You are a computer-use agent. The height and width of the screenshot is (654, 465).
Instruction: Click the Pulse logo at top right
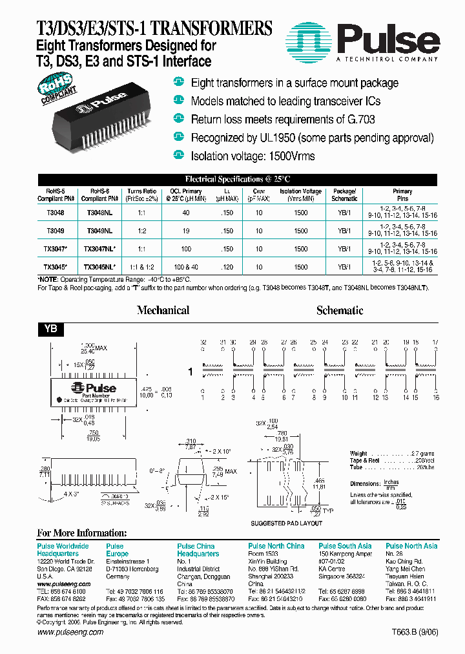364,42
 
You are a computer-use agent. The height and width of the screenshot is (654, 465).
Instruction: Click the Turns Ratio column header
141,195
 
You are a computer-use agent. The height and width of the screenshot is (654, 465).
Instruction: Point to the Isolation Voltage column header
300,195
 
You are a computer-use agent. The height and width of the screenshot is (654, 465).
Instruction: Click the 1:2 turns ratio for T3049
141,231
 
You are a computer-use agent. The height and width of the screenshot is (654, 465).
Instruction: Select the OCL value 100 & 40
185,266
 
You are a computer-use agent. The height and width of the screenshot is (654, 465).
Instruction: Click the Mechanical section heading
163,310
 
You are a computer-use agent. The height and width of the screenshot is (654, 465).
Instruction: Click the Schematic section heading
340,310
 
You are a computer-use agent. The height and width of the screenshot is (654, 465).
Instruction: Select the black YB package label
50,329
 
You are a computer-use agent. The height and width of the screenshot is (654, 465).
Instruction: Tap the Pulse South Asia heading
345,546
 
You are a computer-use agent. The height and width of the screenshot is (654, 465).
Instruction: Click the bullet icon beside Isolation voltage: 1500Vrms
178,155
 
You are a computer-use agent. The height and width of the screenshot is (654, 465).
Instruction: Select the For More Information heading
81,533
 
